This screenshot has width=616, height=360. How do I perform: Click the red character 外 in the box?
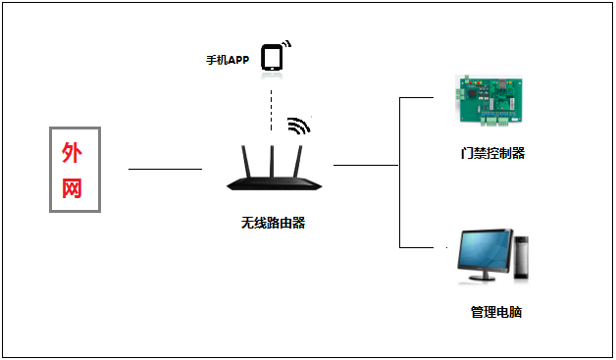pos(72,152)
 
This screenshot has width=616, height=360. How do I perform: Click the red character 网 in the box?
pos(72,186)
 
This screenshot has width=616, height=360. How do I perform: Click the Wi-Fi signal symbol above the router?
pos(298,126)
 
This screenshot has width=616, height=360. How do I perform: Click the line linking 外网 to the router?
pos(165,169)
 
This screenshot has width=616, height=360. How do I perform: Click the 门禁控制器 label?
pos(492,153)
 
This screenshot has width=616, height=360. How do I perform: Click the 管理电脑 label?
pos(495,312)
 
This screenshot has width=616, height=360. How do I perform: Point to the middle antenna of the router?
pos(273,157)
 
